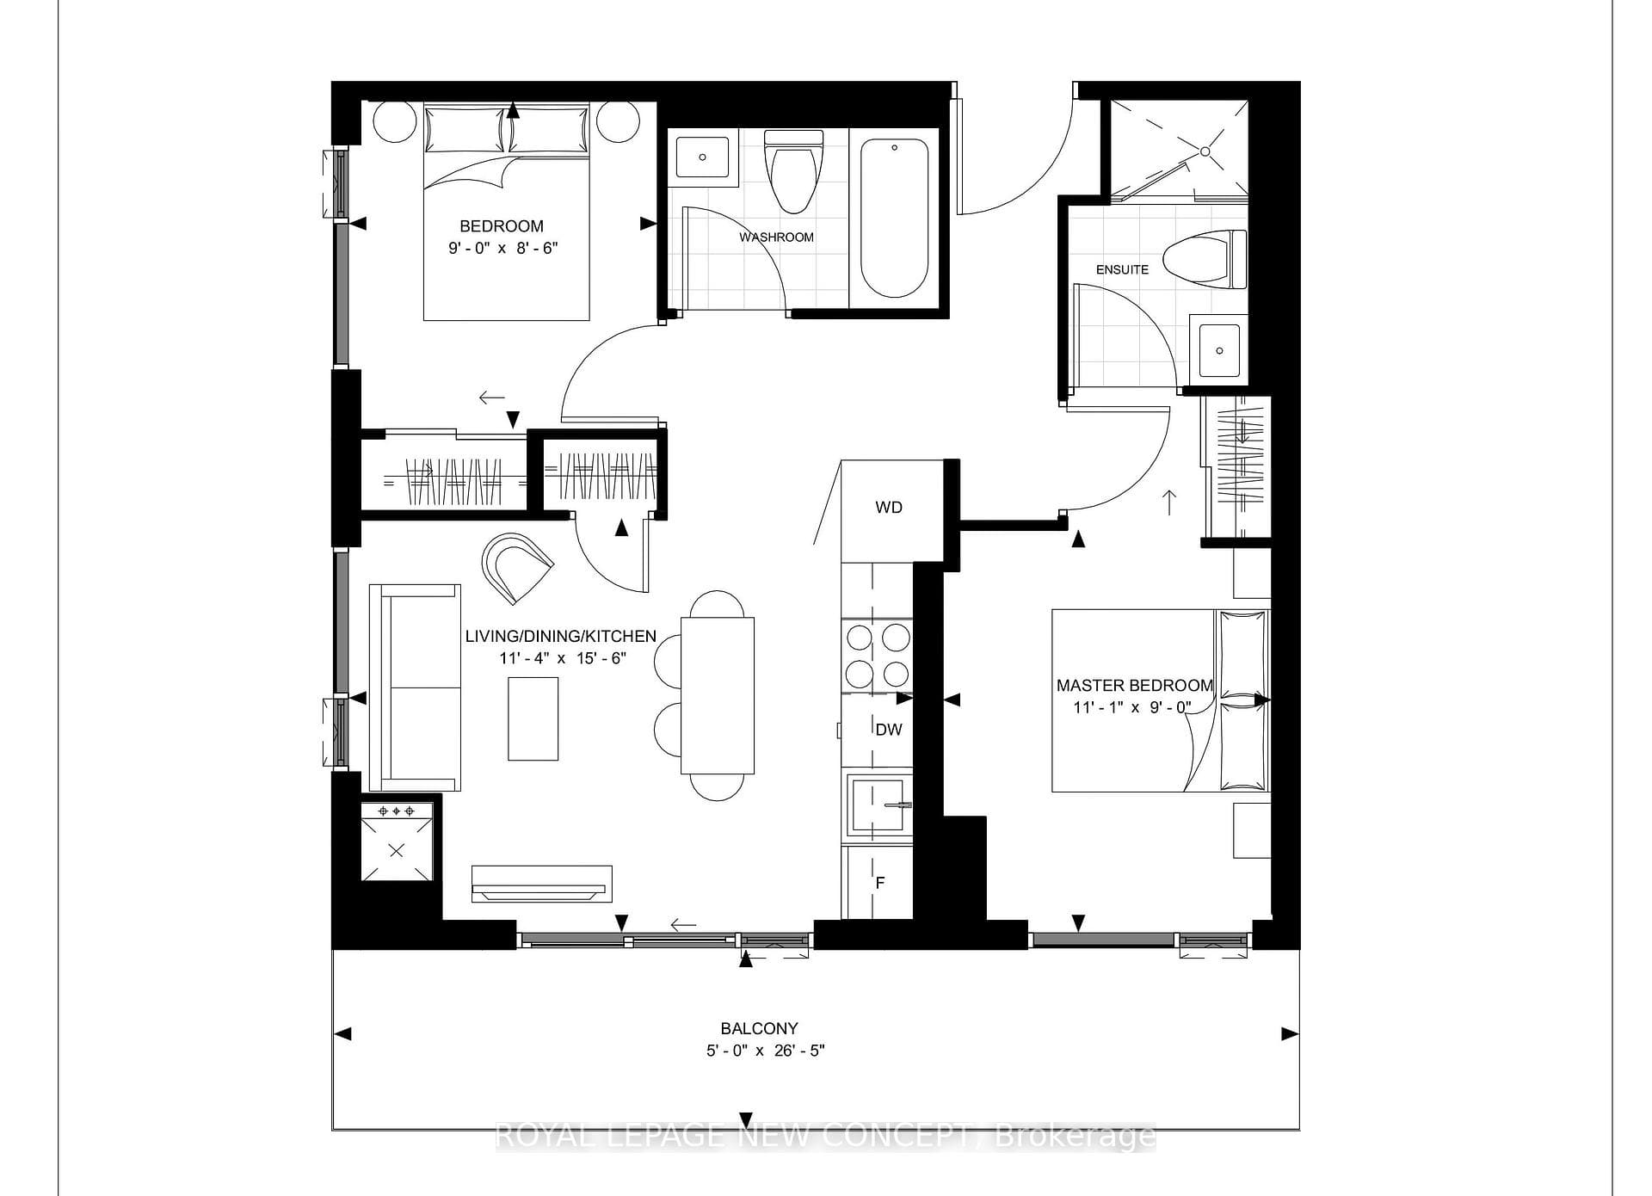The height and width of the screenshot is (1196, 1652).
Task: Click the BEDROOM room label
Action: click(502, 226)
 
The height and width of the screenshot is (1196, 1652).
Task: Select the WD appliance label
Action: click(889, 508)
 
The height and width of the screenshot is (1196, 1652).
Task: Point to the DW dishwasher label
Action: click(889, 730)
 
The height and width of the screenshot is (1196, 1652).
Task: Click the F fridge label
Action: click(880, 883)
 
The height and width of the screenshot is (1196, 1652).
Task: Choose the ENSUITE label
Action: click(1122, 269)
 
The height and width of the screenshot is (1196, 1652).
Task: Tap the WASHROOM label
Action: click(776, 237)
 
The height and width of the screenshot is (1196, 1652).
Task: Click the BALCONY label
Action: click(759, 1028)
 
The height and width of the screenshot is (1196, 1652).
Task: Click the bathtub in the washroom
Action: click(895, 219)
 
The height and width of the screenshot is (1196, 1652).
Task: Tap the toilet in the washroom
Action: click(793, 171)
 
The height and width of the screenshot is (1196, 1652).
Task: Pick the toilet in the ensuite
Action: click(1205, 258)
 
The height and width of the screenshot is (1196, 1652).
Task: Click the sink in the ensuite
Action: click(1218, 349)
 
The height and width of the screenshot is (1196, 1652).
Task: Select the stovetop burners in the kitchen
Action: click(878, 655)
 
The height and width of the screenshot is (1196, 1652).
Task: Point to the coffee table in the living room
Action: click(533, 718)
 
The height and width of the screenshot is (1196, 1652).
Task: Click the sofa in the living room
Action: click(415, 687)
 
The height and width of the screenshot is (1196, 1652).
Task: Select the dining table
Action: click(718, 695)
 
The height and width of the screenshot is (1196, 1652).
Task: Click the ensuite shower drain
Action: click(1205, 151)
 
